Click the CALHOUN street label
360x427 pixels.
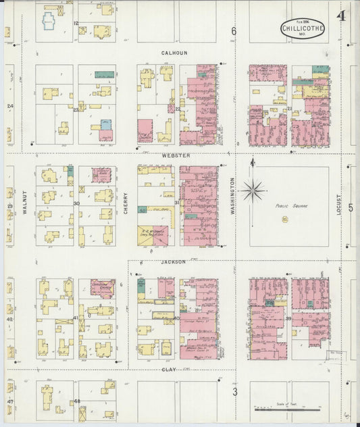174,53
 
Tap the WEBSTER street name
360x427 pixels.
175,155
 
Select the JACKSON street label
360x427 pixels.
173,261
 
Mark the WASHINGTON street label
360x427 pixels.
232,196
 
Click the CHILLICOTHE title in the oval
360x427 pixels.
303,28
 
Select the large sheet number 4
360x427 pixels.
342,16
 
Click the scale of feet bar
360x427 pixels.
287,409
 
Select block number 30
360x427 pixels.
76,203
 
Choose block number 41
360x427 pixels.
76,318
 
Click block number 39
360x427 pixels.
288,318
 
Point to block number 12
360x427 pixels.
76,24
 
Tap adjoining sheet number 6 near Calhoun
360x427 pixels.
234,31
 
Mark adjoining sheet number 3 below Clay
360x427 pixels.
234,391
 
